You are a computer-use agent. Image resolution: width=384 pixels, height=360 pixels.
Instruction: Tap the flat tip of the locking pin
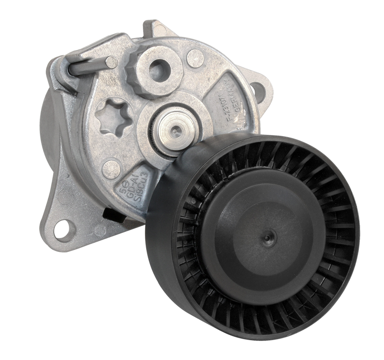[110, 61]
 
